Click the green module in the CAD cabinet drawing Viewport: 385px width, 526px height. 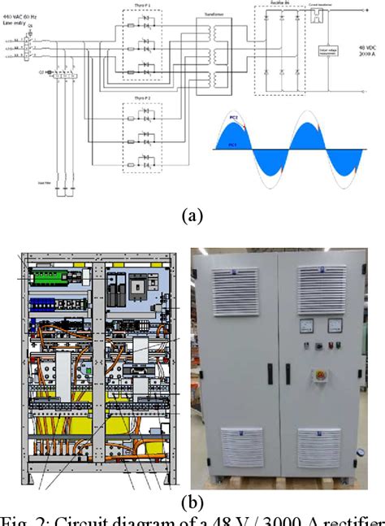[x=52, y=277]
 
